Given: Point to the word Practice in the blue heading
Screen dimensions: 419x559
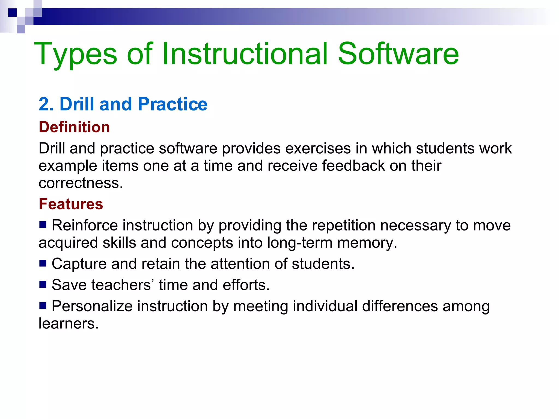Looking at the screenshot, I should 173,104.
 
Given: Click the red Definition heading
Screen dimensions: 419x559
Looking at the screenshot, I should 74,127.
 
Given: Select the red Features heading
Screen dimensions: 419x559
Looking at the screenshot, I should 71,204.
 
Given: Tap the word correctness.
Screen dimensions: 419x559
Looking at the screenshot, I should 81,183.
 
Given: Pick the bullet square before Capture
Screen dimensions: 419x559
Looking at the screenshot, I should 43,263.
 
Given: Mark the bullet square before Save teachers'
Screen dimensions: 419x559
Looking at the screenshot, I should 43,284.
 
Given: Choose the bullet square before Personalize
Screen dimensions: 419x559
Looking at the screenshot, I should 43,305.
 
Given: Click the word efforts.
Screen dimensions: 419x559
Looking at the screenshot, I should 246,285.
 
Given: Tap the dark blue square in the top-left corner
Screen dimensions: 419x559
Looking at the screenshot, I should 13,13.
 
